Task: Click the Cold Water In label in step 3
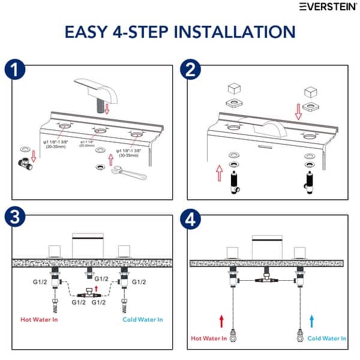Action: point(142,319)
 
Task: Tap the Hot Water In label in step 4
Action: point(208,338)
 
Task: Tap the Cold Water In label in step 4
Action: point(326,338)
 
